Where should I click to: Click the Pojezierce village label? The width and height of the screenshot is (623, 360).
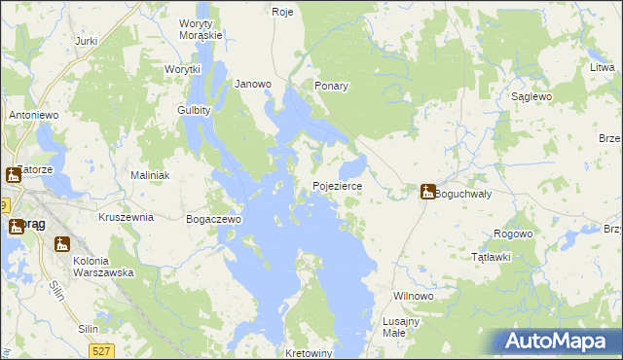click(x=337, y=185)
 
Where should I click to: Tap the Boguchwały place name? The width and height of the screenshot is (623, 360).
click(x=462, y=194)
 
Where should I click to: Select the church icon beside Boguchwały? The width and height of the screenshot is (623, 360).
click(x=427, y=192)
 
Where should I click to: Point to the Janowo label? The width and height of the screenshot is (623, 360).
click(x=253, y=84)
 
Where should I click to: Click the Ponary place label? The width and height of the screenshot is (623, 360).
click(x=331, y=86)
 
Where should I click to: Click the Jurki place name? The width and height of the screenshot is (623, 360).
click(x=86, y=41)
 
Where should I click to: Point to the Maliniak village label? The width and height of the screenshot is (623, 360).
click(x=151, y=175)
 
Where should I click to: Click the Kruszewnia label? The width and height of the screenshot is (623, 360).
click(x=126, y=217)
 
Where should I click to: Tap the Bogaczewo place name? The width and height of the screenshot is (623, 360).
click(x=213, y=220)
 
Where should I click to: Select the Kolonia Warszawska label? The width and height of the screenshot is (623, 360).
click(x=102, y=266)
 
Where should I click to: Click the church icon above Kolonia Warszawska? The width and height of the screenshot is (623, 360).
click(x=63, y=243)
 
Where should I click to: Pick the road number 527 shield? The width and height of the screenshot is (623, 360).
click(x=100, y=349)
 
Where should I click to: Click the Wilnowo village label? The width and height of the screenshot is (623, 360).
click(x=412, y=295)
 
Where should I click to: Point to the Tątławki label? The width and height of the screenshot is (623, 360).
click(x=491, y=257)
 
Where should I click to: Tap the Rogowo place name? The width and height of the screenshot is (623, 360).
click(x=513, y=234)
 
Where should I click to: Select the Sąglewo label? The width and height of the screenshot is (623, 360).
click(x=532, y=97)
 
